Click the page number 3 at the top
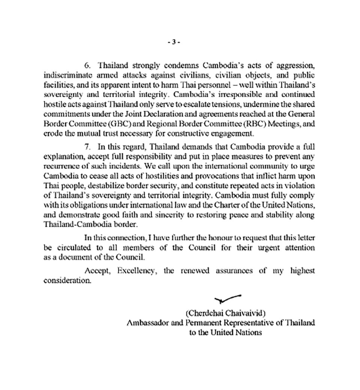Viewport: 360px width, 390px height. (174, 42)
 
